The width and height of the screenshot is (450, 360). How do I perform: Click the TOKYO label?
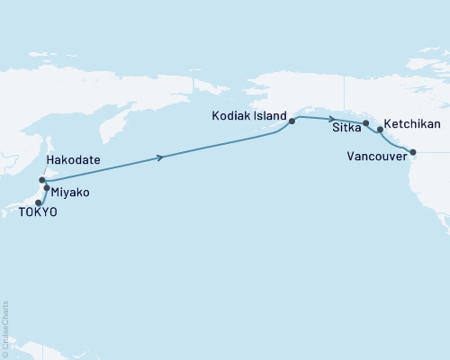click(x=31, y=212)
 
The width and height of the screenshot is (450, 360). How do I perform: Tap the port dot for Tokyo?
click(x=38, y=202)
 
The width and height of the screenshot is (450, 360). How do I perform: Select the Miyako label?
click(x=70, y=193)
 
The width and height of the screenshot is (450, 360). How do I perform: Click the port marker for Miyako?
click(x=47, y=188)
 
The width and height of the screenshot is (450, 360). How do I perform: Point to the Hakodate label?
click(x=74, y=159)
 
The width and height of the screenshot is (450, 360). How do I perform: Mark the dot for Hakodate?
click(x=42, y=180)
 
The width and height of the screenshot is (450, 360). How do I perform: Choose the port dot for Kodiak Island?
click(x=292, y=120)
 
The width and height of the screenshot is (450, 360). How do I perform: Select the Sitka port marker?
click(x=365, y=122)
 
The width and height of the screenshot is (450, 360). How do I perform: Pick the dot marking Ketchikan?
click(x=380, y=130)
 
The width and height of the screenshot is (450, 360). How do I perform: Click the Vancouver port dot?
click(x=413, y=152)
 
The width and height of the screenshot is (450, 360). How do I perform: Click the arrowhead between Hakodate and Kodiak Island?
click(x=161, y=157)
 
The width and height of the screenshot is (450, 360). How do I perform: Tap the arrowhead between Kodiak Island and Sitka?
click(x=332, y=119)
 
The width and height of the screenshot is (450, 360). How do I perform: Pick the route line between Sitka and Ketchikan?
click(x=373, y=126)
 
